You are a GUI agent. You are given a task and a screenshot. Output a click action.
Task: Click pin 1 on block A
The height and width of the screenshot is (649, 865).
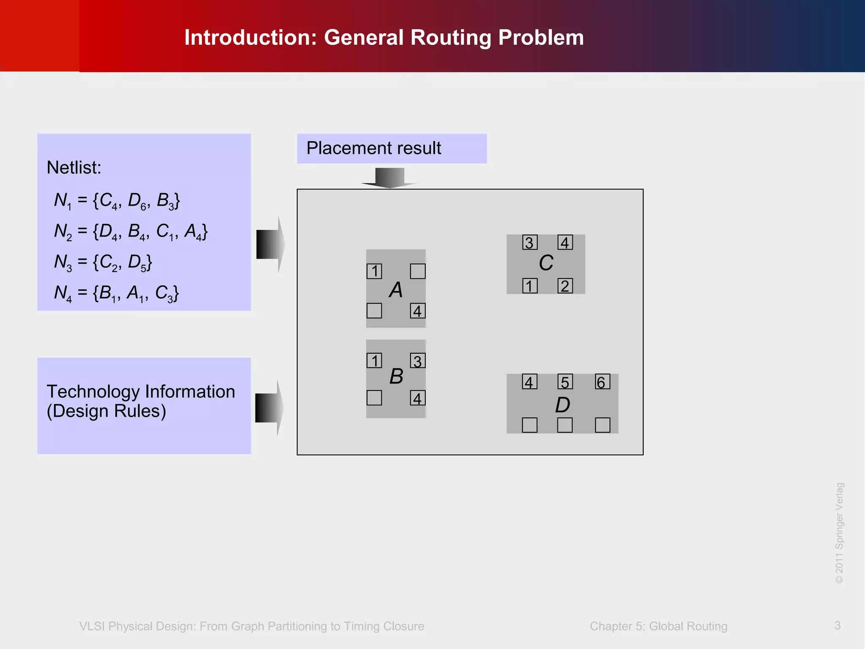pos(374,271)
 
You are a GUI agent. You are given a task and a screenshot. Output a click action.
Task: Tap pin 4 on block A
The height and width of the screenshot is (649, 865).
pos(418,311)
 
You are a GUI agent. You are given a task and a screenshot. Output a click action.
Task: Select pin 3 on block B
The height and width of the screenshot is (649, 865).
pos(418,361)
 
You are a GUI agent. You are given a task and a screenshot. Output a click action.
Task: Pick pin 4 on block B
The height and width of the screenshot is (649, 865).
pos(418,398)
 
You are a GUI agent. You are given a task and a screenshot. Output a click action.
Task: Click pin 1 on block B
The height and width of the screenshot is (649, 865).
pos(374,361)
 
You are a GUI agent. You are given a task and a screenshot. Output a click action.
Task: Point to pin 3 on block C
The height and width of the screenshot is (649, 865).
pos(530,243)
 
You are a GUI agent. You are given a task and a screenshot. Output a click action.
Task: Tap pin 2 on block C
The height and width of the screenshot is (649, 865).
pos(565,286)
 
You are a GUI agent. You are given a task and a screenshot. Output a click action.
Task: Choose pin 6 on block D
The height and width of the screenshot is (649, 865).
pos(602,382)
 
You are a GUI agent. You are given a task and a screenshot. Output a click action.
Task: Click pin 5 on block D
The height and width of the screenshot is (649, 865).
pos(565,382)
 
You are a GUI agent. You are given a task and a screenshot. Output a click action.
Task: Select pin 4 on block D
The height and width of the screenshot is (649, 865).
pos(530,382)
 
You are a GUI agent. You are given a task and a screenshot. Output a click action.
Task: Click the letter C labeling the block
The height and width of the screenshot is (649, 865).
pos(546,263)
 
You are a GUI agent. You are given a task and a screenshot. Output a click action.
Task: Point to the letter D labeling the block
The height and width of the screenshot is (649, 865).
pos(563,405)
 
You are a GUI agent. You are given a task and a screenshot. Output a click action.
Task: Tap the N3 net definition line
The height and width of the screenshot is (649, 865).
pos(103,262)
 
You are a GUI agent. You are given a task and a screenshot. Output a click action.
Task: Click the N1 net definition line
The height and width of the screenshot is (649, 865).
pos(117,200)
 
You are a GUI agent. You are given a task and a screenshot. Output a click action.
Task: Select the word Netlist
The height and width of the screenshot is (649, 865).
pos(74,168)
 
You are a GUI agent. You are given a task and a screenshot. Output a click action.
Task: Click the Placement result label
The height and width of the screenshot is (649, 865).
pos(374,148)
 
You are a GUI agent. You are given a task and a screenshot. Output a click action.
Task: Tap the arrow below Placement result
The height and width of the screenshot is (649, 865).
pos(389,177)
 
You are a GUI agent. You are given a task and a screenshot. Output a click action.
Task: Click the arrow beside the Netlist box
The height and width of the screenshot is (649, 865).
pos(270,244)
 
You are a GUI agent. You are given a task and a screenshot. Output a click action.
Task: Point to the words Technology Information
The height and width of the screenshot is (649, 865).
pos(141,392)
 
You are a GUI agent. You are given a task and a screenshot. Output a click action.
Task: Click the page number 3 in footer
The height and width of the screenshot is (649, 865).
pos(838,625)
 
